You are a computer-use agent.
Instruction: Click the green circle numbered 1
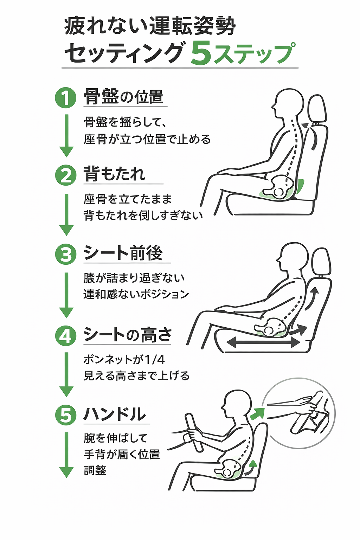66,97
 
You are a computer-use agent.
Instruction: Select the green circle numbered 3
66,254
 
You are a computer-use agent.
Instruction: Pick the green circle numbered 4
66,335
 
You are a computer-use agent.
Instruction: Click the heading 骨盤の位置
123,97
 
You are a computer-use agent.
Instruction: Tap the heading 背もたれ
115,174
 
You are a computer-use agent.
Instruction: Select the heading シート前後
123,253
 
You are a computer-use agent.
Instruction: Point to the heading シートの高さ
128,334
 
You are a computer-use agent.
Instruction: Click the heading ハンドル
115,414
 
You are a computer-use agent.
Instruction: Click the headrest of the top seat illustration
317,109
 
